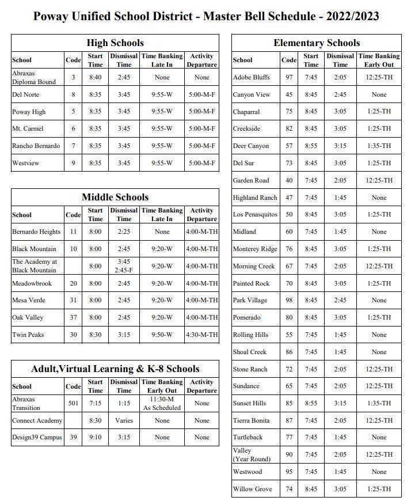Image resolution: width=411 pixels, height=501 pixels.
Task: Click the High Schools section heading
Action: click(x=115, y=43)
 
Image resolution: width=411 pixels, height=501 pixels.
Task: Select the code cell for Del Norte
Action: click(x=73, y=94)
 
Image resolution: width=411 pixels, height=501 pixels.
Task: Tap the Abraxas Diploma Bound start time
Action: click(x=96, y=77)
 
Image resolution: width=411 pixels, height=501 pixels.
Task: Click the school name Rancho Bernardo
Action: click(x=36, y=146)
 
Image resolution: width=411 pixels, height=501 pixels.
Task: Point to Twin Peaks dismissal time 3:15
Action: click(x=124, y=335)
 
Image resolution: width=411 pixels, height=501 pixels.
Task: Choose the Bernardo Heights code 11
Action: click(x=73, y=231)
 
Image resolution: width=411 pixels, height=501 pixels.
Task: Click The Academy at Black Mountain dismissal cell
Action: click(x=124, y=265)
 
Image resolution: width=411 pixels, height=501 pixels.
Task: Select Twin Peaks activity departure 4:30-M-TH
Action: click(x=201, y=335)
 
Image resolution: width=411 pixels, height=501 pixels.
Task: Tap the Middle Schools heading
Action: click(x=115, y=198)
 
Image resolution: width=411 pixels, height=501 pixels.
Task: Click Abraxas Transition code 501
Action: click(x=73, y=403)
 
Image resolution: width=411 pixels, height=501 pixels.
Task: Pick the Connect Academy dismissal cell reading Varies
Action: click(x=124, y=420)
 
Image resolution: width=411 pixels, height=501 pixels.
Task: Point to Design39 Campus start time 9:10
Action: click(x=96, y=437)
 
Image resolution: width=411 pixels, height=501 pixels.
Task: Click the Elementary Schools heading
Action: click(x=317, y=43)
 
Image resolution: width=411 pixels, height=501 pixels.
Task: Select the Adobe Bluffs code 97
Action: click(x=289, y=77)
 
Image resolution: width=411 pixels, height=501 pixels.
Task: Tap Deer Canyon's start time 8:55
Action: click(x=311, y=146)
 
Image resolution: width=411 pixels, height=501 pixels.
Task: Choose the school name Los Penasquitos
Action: click(x=255, y=214)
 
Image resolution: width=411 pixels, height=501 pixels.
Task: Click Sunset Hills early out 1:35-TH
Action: click(x=379, y=403)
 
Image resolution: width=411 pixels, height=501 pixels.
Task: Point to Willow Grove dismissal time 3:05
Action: click(x=340, y=489)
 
